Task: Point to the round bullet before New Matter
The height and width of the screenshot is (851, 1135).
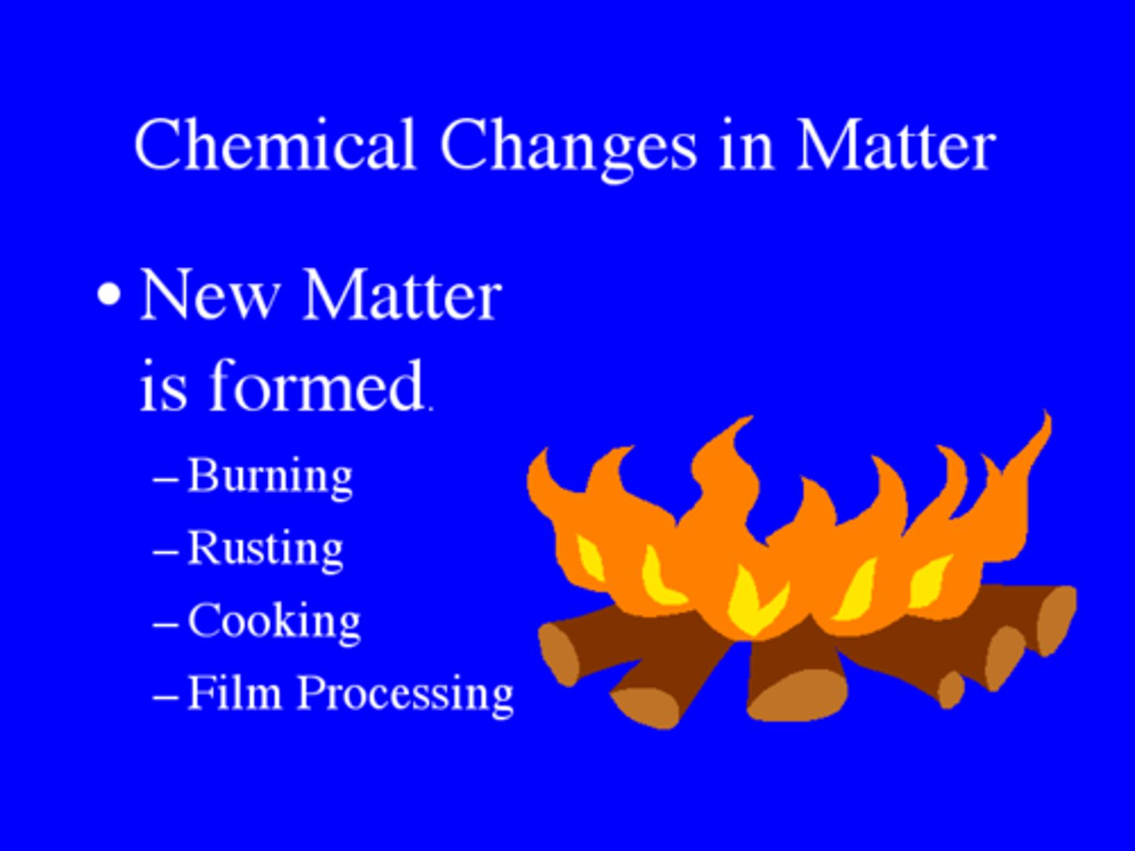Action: click(x=109, y=295)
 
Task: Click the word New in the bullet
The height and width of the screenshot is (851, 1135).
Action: click(x=210, y=295)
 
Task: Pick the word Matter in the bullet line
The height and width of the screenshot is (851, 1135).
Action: click(x=402, y=295)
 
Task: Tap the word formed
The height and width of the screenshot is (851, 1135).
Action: click(x=317, y=385)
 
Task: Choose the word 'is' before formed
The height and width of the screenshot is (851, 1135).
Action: click(x=163, y=386)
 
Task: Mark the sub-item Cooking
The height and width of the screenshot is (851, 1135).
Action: click(x=274, y=622)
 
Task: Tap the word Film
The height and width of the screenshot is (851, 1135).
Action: click(x=234, y=693)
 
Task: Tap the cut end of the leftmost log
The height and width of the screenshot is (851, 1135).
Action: click(x=558, y=654)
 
